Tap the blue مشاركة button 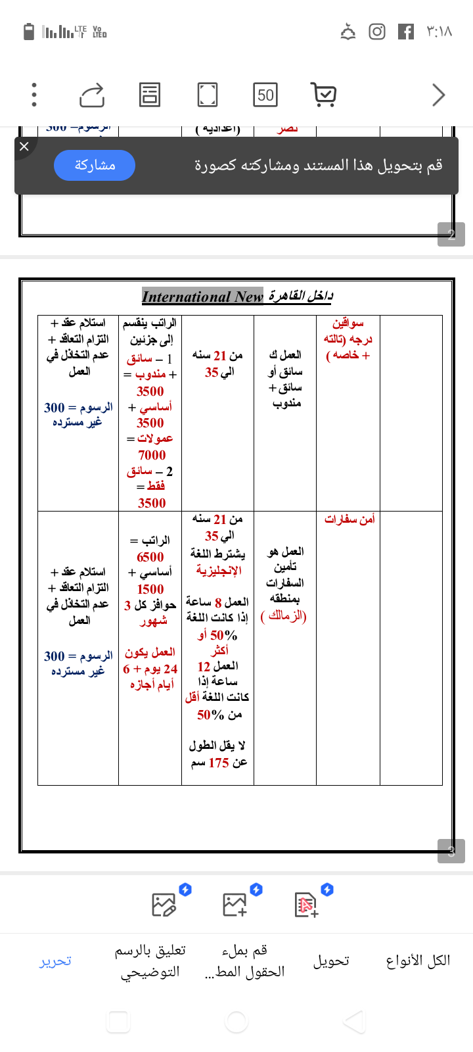95,165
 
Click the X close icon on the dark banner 24,146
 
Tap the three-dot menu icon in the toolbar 34,95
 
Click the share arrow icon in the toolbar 92,95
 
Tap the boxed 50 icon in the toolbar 265,95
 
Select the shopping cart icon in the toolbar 323,95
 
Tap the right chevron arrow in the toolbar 438,95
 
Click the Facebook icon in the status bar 406,32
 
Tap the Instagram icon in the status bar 377,32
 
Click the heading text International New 202,297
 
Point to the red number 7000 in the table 152,455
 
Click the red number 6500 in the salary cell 150,557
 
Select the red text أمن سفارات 349,519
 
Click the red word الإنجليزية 219,570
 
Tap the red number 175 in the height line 219,763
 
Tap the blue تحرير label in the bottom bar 55,961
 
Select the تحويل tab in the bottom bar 331,961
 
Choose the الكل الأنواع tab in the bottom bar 418,961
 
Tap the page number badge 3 451,851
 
